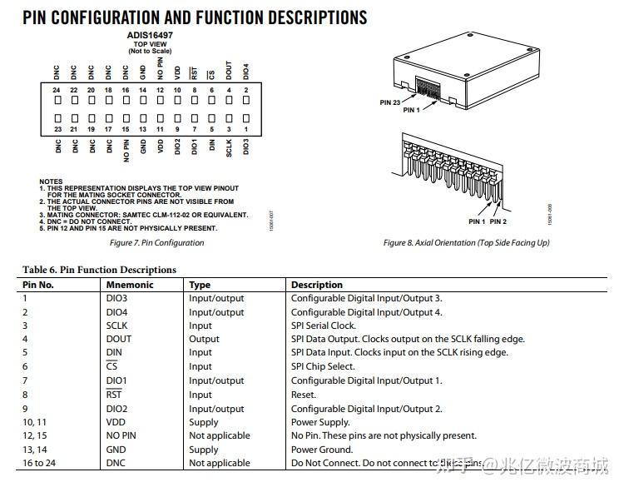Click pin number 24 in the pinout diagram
(57, 90)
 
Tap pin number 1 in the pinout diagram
(245, 129)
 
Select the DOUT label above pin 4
(229, 71)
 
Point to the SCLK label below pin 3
(229, 148)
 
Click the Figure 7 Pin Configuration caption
(156, 243)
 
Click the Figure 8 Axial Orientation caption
(466, 243)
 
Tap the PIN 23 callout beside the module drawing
(391, 102)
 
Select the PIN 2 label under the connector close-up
(498, 221)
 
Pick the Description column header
(317, 285)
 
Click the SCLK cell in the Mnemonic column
(118, 326)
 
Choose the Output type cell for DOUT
(204, 339)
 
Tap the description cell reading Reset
(303, 395)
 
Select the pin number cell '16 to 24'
(38, 463)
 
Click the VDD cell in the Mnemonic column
(116, 422)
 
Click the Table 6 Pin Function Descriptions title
(99, 270)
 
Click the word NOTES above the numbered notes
(51, 181)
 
